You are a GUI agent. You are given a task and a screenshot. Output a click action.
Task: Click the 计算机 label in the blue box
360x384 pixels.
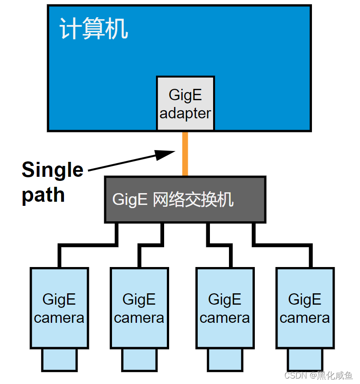[94, 30]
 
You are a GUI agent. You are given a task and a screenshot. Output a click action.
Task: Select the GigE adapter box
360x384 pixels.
[185, 103]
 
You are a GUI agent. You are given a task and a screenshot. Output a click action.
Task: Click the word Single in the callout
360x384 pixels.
[52, 170]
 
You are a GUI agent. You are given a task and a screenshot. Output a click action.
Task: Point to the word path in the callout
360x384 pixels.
[43, 194]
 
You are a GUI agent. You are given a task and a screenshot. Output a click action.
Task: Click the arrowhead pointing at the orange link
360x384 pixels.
[165, 154]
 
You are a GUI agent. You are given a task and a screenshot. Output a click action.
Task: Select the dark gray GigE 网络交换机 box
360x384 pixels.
[185, 199]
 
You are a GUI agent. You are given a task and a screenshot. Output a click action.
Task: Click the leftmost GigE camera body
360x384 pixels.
[59, 308]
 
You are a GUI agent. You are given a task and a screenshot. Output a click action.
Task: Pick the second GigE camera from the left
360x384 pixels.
[139, 308]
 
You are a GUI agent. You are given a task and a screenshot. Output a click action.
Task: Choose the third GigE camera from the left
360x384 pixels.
[224, 308]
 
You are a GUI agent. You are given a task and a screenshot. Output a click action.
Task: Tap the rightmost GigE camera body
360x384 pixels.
[305, 308]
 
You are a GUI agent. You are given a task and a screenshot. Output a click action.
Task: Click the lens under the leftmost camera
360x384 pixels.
[59, 360]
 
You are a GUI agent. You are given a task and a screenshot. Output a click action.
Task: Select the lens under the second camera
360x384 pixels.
[139, 360]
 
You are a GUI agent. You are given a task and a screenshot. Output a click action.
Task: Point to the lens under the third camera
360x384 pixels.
[224, 360]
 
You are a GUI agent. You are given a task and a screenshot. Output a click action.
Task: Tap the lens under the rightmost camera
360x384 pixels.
[305, 360]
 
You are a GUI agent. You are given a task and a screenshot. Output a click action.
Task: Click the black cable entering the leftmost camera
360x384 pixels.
[59, 257]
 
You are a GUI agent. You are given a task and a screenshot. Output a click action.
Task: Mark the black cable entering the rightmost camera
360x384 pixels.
[311, 257]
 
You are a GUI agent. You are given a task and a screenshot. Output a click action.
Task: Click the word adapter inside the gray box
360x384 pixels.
[185, 113]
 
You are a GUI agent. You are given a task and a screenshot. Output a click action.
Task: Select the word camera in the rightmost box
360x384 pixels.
[305, 318]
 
